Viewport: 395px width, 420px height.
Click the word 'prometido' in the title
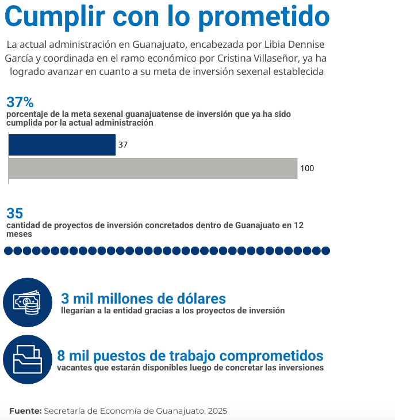[264, 17]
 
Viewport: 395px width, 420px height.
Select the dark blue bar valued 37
[62, 145]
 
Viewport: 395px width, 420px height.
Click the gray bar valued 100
[153, 168]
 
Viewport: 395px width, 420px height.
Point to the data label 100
[307, 168]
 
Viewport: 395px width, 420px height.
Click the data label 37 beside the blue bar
[122, 145]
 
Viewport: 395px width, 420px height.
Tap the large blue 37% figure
[21, 103]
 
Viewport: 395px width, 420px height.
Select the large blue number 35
[14, 213]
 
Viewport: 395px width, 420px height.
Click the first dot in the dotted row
[9, 251]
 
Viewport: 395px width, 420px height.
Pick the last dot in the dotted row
[325, 251]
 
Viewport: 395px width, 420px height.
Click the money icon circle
[27, 302]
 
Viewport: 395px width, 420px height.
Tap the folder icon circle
[27, 360]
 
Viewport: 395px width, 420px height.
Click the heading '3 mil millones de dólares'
[143, 298]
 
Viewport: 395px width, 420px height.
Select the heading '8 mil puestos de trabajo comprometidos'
[190, 355]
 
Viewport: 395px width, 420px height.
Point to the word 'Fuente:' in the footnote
[25, 411]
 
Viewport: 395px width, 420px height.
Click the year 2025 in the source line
[217, 411]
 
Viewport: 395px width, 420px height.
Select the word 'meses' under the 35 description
[19, 234]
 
